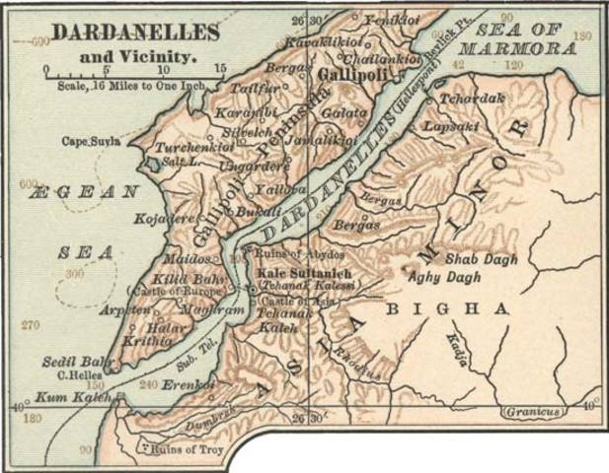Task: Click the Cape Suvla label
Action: (x=92, y=141)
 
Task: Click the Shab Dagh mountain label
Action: (x=481, y=258)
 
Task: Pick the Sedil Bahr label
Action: (x=71, y=362)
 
